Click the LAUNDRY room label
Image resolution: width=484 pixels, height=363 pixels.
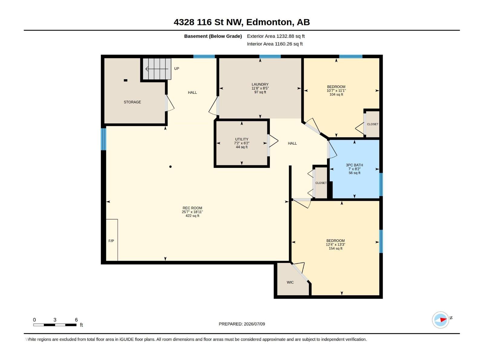pyautogui.click(x=260, y=84)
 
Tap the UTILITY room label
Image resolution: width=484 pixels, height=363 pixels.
pyautogui.click(x=242, y=139)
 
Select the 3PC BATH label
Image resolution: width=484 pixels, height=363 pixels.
pyautogui.click(x=354, y=165)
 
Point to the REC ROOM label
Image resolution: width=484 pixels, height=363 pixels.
pyautogui.click(x=192, y=208)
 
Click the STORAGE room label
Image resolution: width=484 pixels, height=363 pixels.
pyautogui.click(x=132, y=102)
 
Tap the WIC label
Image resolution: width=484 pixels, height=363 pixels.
pyautogui.click(x=290, y=282)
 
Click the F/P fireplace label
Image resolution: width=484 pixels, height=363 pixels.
pyautogui.click(x=111, y=241)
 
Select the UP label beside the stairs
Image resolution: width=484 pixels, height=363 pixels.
pyautogui.click(x=177, y=69)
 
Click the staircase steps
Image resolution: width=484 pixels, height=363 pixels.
pyautogui.click(x=157, y=69)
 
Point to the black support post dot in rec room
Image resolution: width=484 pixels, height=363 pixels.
pyautogui.click(x=170, y=167)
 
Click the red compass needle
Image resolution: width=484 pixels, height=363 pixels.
pyautogui.click(x=443, y=319)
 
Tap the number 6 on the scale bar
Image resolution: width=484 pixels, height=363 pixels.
pyautogui.click(x=76, y=320)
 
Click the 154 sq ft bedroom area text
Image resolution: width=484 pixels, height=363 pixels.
pyautogui.click(x=335, y=248)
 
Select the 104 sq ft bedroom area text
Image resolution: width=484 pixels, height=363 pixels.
pyautogui.click(x=336, y=94)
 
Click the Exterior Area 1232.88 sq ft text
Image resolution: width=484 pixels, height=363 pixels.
pyautogui.click(x=276, y=36)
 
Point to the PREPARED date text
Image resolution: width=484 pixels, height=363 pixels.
pyautogui.click(x=242, y=324)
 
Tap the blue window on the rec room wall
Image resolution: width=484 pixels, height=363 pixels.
pyautogui.click(x=103, y=139)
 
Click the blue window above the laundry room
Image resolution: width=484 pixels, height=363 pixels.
pyautogui.click(x=270, y=57)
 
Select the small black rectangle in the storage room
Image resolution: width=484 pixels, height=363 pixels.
pyautogui.click(x=126, y=80)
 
